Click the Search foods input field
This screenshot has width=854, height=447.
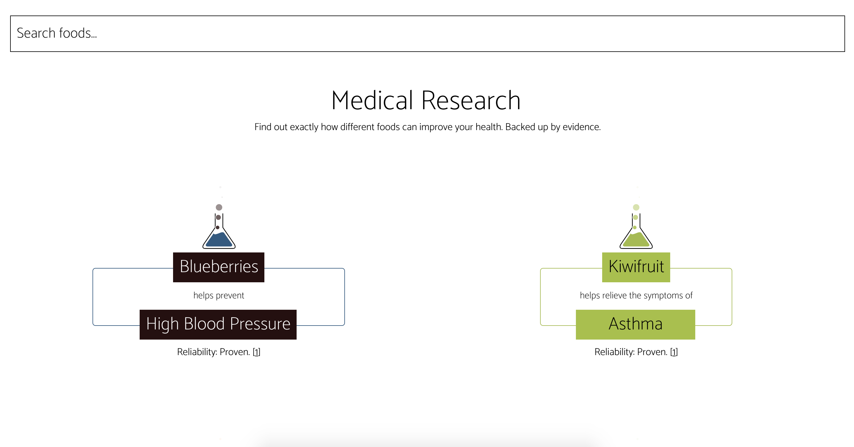click(x=427, y=33)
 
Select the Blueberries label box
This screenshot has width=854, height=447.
click(x=218, y=267)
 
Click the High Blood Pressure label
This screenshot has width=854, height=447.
click(x=218, y=324)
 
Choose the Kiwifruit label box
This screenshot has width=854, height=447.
click(x=636, y=267)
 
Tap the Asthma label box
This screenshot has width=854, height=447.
click(x=635, y=324)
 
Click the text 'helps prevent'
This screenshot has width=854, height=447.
click(x=218, y=295)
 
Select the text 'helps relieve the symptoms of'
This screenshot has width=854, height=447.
click(x=636, y=295)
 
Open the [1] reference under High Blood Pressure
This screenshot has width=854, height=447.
click(x=256, y=352)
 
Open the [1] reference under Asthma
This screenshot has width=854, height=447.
click(x=674, y=352)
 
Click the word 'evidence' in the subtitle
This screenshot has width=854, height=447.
click(x=581, y=127)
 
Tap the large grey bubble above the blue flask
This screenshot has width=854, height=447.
click(x=219, y=207)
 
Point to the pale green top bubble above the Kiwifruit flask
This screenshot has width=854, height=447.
click(x=636, y=207)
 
